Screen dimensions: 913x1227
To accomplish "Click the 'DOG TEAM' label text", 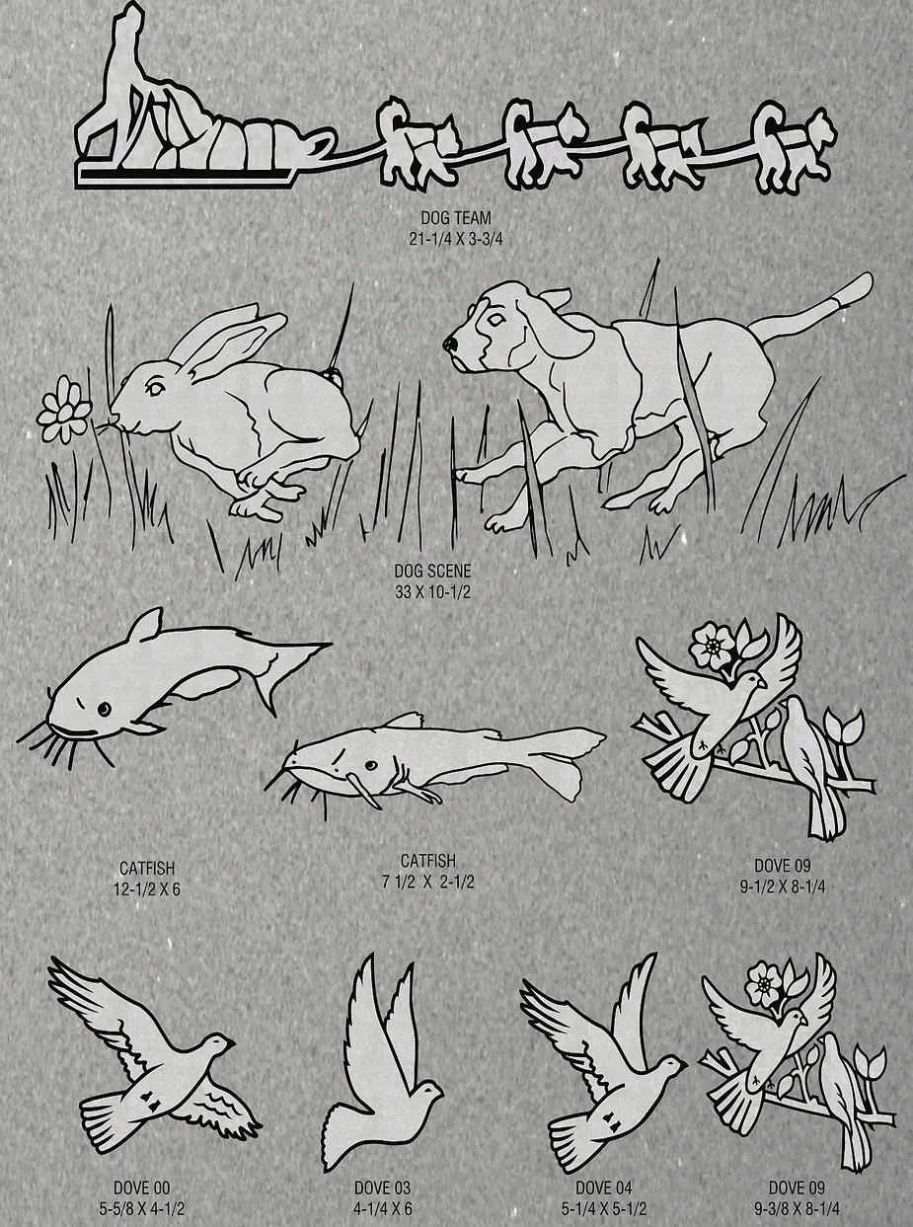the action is (456, 217).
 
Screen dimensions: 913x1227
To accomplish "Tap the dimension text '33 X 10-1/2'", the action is (432, 592).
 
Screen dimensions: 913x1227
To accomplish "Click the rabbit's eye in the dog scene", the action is (154, 388).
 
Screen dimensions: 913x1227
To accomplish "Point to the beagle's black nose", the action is (449, 345).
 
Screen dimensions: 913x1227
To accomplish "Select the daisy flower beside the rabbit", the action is (62, 410).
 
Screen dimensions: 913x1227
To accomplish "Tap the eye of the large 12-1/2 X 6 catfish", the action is (104, 709).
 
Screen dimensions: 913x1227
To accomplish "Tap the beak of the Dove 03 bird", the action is (440, 1091).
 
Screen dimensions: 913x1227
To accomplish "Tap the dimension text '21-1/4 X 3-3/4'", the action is (456, 239).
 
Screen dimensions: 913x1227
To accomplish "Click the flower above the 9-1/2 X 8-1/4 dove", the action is (714, 645).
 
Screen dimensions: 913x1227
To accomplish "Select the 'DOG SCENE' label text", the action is (432, 571).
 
